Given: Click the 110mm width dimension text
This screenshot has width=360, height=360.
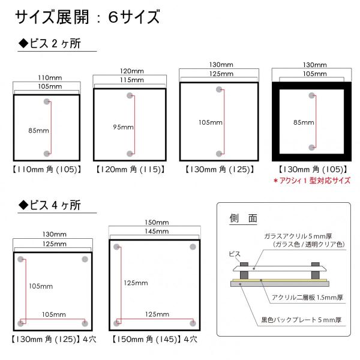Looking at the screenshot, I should pos(46,78).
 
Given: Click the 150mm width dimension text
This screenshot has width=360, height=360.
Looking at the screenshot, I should pos(157,223).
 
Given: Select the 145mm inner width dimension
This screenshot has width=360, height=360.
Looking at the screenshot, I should pos(157,232).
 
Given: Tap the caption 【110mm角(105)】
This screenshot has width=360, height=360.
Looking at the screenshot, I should pos(46,170).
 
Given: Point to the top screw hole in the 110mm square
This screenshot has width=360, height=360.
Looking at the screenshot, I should pos(47,102).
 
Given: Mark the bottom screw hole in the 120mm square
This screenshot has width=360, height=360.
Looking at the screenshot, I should pos(130,153).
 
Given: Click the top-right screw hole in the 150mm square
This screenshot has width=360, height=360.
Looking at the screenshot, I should pos(193,247).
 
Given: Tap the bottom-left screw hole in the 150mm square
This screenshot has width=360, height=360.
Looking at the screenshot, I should pos(118,323).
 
